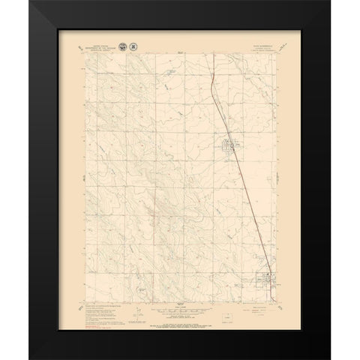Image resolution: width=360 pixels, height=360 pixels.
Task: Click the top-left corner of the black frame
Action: point(35,1)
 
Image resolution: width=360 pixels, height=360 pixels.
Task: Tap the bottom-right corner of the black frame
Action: point(325,358)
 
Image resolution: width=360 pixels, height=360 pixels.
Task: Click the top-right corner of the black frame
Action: point(325,1)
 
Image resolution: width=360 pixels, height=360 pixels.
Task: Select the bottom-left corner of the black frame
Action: point(35,358)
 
